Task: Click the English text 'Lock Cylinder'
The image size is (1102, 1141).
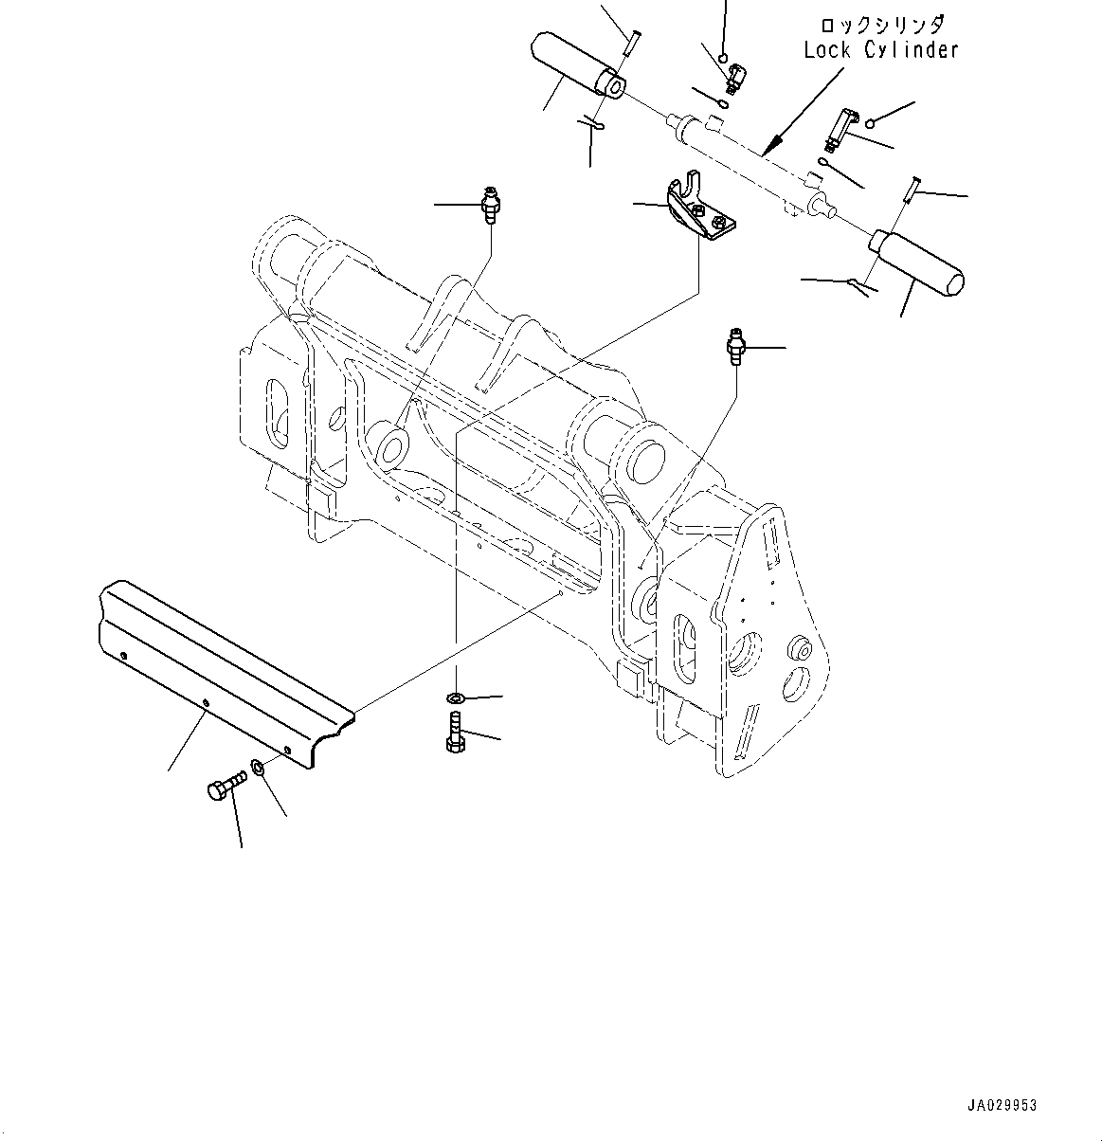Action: (x=880, y=50)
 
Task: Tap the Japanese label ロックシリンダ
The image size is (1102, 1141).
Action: (x=881, y=23)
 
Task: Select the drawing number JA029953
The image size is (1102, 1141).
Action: (x=1002, y=1105)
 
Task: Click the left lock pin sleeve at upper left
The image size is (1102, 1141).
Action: (x=576, y=64)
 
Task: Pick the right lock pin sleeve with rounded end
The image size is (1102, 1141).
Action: (x=917, y=260)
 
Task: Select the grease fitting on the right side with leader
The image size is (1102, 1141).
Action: (x=734, y=347)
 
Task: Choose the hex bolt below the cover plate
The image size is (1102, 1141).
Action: (x=224, y=787)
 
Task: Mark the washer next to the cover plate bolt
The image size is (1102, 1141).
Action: (x=258, y=765)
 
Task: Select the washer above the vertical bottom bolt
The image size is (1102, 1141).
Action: (x=455, y=699)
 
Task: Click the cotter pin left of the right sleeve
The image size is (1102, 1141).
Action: (x=861, y=283)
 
